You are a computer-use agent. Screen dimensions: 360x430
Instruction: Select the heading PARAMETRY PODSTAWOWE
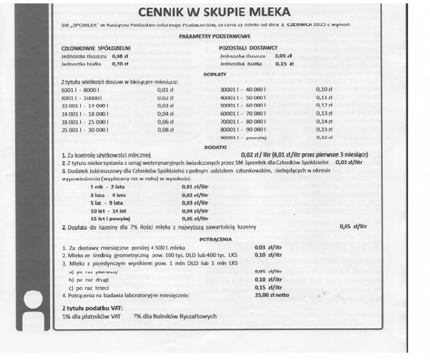click(x=213, y=36)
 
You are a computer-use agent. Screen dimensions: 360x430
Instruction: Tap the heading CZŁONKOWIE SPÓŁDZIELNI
click(x=96, y=47)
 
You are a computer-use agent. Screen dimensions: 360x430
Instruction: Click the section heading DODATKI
click(x=214, y=146)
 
